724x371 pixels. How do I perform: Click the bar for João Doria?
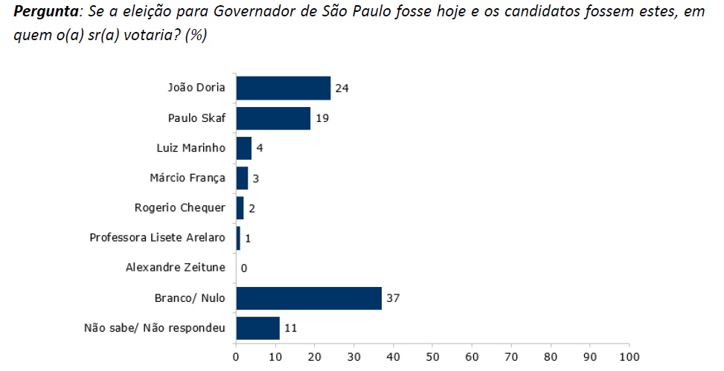pyautogui.click(x=283, y=88)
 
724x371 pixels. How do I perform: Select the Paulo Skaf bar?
pyautogui.click(x=273, y=118)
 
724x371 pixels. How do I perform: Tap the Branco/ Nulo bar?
pyautogui.click(x=308, y=298)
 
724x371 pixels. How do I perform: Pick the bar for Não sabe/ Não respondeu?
pyautogui.click(x=257, y=328)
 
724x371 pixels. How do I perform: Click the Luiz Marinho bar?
pyautogui.click(x=243, y=148)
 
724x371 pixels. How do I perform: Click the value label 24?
pyautogui.click(x=341, y=88)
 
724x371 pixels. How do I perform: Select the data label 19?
pyautogui.click(x=321, y=118)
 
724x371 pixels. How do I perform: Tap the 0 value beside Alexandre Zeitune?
pyautogui.click(x=243, y=268)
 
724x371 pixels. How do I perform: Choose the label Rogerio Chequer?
pyautogui.click(x=179, y=207)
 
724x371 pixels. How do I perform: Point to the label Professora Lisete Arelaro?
pyautogui.click(x=157, y=238)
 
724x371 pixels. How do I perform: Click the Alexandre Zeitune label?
pyautogui.click(x=175, y=268)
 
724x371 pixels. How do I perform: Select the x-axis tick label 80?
pyautogui.click(x=551, y=358)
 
